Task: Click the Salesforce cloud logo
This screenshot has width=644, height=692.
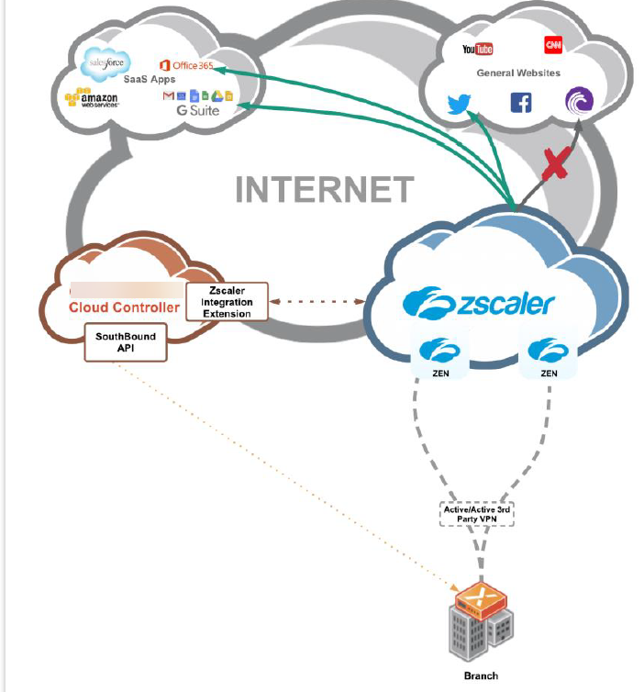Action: [x=103, y=63]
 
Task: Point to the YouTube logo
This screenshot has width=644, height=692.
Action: [x=478, y=49]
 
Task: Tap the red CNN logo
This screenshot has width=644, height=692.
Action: [x=553, y=45]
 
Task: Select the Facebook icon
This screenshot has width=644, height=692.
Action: [x=521, y=102]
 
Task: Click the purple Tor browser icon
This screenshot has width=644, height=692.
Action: [x=580, y=101]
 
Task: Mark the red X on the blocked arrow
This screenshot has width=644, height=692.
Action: [x=554, y=165]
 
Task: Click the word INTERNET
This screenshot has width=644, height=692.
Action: [x=325, y=190]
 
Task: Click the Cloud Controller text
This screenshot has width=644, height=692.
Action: [x=125, y=307]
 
